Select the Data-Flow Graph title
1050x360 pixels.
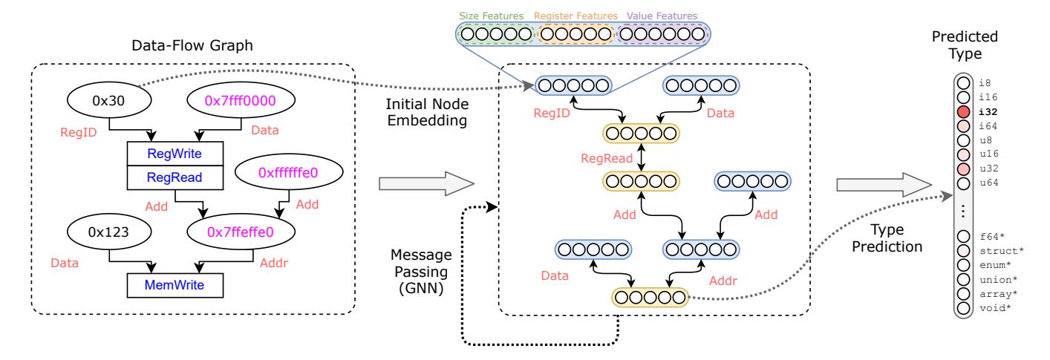(x=192, y=46)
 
